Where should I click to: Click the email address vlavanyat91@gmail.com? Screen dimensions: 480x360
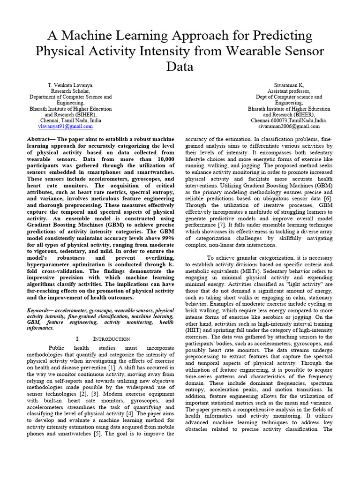point(65,127)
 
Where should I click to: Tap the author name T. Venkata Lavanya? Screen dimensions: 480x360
point(70,85)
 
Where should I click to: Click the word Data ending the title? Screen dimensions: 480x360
point(180,67)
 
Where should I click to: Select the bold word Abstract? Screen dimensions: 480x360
point(39,140)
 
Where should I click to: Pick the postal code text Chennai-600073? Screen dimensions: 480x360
point(269,120)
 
